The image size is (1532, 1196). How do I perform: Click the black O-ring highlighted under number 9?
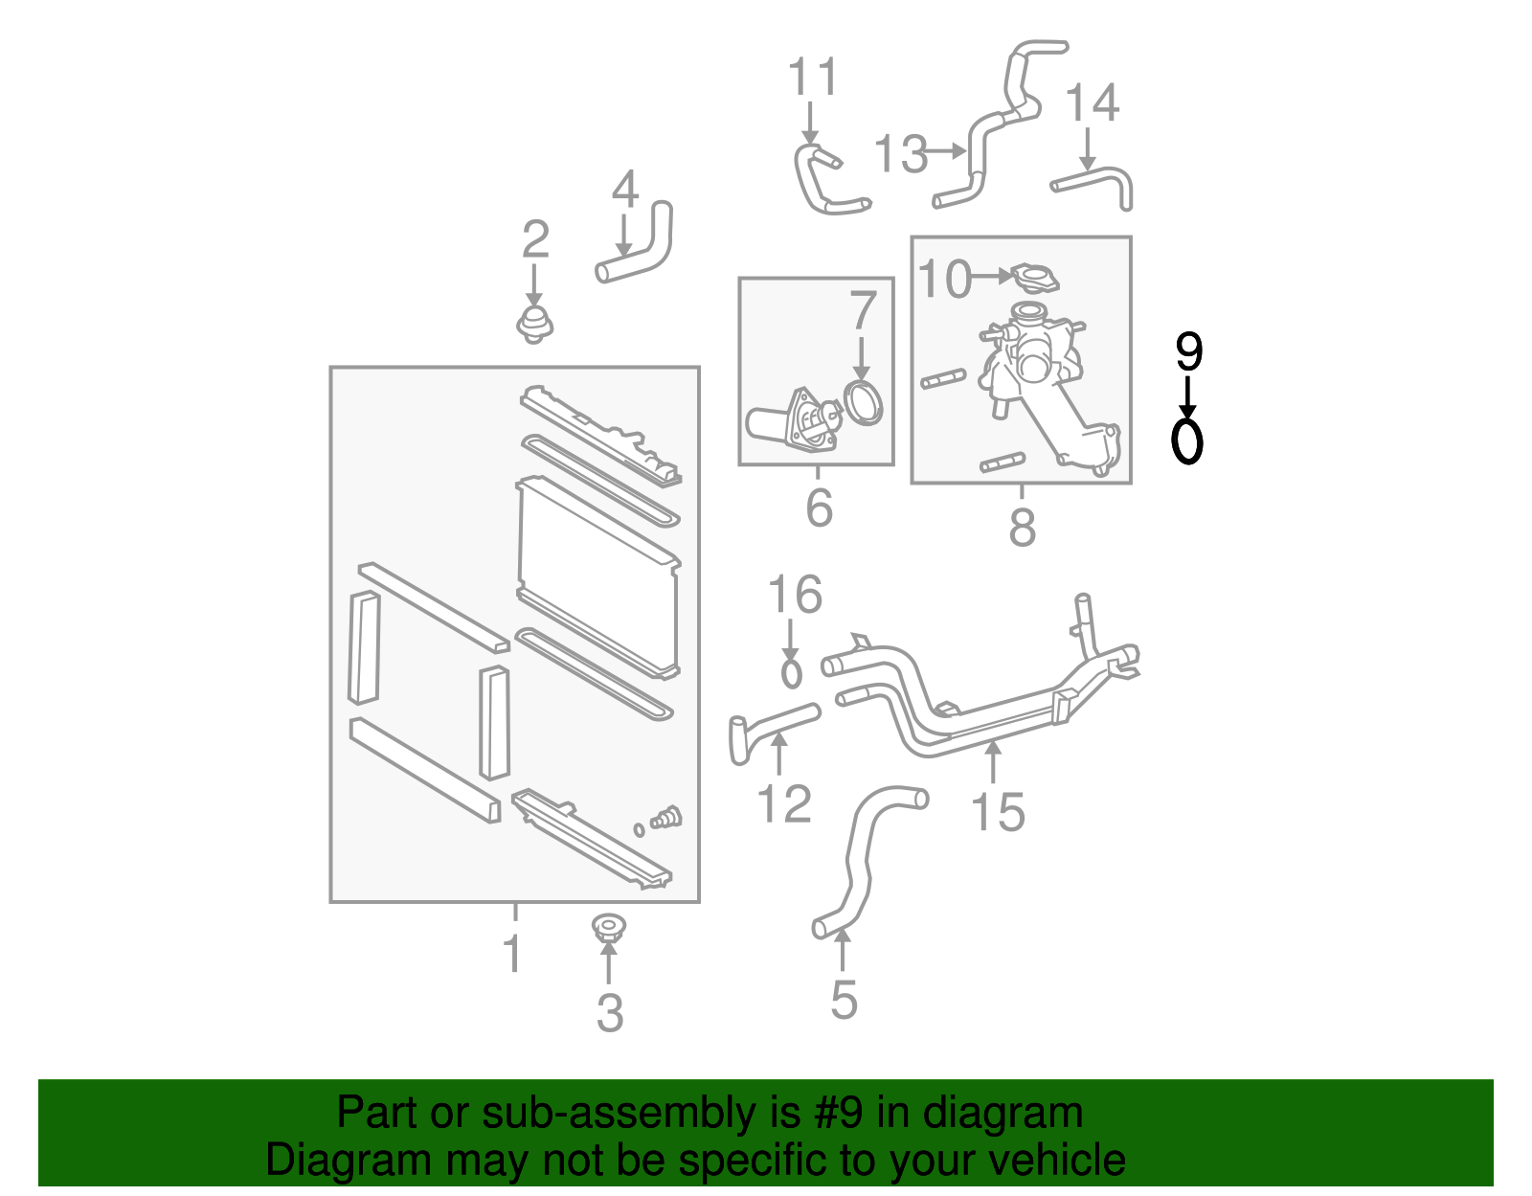(x=1187, y=441)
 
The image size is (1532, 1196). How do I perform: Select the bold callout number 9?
(x=1187, y=353)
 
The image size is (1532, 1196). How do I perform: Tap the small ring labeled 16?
(x=791, y=673)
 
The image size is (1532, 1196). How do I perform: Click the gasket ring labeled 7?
(x=865, y=401)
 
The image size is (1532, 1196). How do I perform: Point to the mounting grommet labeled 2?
(x=534, y=326)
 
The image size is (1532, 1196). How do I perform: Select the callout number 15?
(x=998, y=812)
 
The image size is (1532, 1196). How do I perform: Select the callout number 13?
(x=901, y=154)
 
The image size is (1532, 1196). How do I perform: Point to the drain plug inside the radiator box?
(x=666, y=819)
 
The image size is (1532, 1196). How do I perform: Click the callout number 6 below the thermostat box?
(x=819, y=508)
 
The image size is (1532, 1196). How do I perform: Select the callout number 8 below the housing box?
(x=1022, y=527)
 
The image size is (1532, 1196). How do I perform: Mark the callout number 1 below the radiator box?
(x=513, y=954)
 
